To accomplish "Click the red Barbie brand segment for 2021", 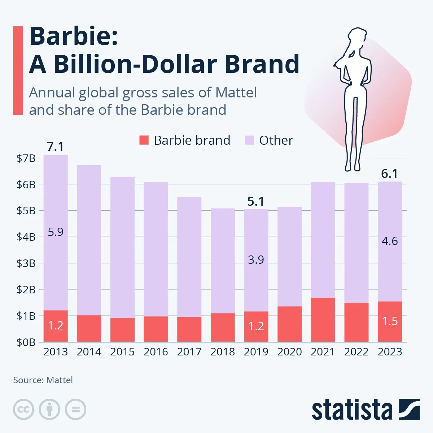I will pyautogui.click(x=323, y=320).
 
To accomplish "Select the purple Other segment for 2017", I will pyautogui.click(x=189, y=257).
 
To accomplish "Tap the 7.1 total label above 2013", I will pyautogui.click(x=55, y=146).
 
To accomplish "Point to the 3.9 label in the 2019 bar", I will pyautogui.click(x=256, y=259).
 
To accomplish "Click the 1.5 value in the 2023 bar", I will pyautogui.click(x=390, y=321).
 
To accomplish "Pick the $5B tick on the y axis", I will pyautogui.click(x=26, y=210).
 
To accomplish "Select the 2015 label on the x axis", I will pyautogui.click(x=122, y=352).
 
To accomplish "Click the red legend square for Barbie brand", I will pyautogui.click(x=144, y=140).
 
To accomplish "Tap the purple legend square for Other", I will pyautogui.click(x=249, y=140).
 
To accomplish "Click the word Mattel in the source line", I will pyautogui.click(x=60, y=380).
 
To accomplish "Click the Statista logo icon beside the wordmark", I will pyautogui.click(x=409, y=409).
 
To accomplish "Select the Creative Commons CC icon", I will pyautogui.click(x=23, y=410).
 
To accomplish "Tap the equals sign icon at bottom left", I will pyautogui.click(x=75, y=410).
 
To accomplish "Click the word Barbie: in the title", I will pyautogui.click(x=74, y=36).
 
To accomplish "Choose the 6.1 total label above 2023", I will pyautogui.click(x=390, y=174).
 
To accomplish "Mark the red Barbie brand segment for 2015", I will pyautogui.click(x=122, y=330).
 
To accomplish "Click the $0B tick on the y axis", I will pyautogui.click(x=26, y=342).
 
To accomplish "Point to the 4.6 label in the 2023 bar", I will pyautogui.click(x=390, y=241).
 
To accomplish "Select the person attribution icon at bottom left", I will pyautogui.click(x=49, y=410).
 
